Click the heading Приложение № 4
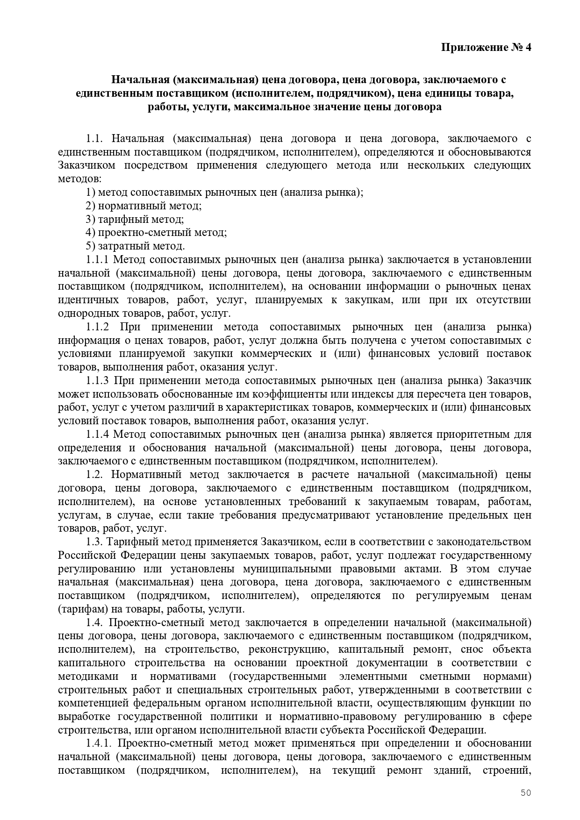[487, 48]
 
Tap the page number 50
[526, 792]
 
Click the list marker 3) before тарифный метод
[91, 219]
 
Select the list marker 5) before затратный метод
[91, 246]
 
